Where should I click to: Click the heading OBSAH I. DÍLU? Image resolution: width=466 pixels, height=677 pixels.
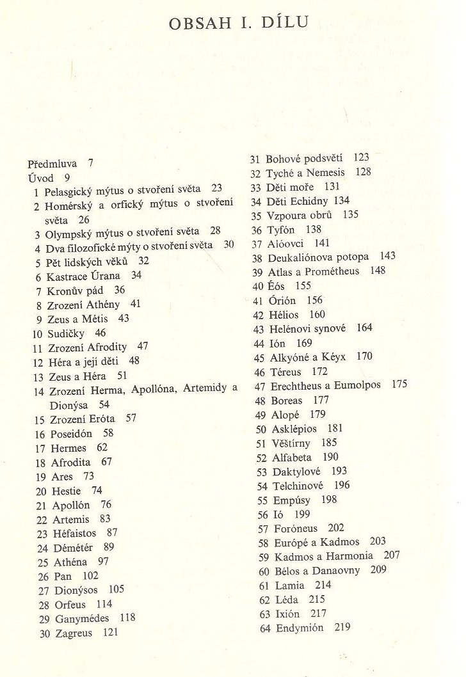pyautogui.click(x=239, y=24)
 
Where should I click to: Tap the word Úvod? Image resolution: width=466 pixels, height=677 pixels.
pyautogui.click(x=41, y=177)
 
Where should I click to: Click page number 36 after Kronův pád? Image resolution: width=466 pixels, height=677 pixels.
pyautogui.click(x=119, y=290)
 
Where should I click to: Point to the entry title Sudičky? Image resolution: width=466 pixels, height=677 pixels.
pyautogui.click(x=67, y=333)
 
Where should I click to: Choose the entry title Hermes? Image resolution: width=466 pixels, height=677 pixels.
pyautogui.click(x=68, y=448)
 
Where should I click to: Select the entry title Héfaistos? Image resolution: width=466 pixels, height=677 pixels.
pyautogui.click(x=75, y=533)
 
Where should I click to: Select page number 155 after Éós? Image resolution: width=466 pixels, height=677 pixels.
pyautogui.click(x=303, y=286)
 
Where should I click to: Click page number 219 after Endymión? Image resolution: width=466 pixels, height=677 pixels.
pyautogui.click(x=342, y=628)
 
